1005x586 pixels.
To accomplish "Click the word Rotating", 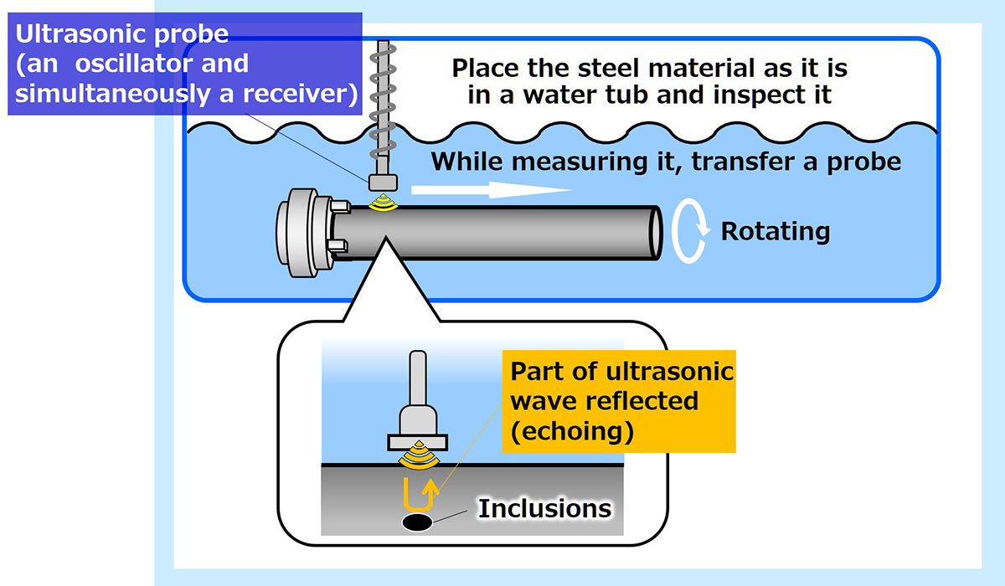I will coord(776,230).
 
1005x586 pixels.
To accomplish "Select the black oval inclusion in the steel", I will coord(417,522).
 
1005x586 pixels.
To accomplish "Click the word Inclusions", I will coord(544,508).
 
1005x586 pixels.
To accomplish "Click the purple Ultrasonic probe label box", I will coord(184,64).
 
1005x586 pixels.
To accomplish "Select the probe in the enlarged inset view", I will coord(416,410).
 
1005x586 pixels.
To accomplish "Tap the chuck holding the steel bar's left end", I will coord(306,231).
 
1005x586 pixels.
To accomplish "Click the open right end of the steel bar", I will coord(652,231).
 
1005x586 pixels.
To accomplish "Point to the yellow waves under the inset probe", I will coord(416,457).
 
